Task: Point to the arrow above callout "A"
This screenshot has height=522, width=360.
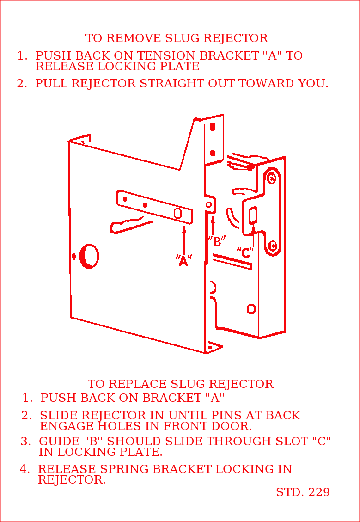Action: pos(184,238)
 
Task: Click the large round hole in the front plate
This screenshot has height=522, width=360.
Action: pos(89,256)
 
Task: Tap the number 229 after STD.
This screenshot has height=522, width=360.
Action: pos(318,492)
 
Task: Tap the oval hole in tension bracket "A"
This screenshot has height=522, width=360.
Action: pos(177,213)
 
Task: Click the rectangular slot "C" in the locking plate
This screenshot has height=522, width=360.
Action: pos(253,215)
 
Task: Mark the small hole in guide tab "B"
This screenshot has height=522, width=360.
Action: pos(209,204)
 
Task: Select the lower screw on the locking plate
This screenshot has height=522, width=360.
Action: pos(273,245)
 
